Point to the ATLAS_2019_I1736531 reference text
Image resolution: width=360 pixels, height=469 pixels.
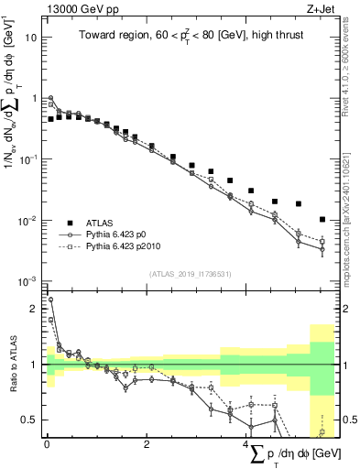point(191,274)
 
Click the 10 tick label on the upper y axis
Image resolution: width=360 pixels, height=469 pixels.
point(31,38)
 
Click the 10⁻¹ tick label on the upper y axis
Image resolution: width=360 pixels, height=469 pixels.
point(28,159)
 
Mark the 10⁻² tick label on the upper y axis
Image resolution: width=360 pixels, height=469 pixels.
point(28,221)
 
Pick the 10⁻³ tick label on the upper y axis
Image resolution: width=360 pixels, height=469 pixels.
point(28,281)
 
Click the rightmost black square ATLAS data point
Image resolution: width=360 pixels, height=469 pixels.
point(322,219)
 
